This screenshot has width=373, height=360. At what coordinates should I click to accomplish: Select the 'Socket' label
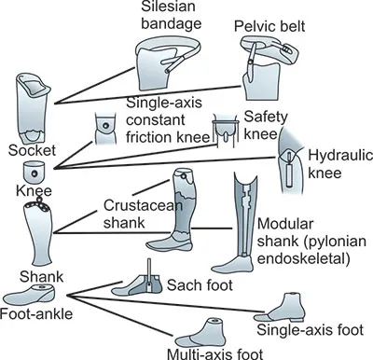pyautogui.click(x=25, y=150)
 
